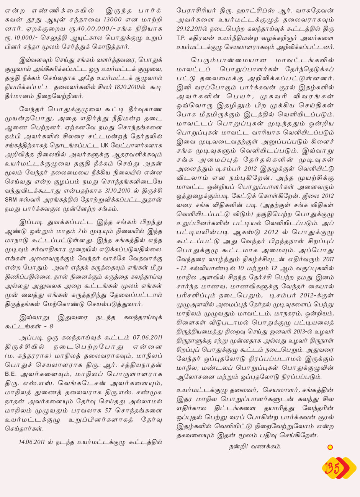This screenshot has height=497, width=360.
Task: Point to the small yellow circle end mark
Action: pyautogui.click(x=330, y=447)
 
